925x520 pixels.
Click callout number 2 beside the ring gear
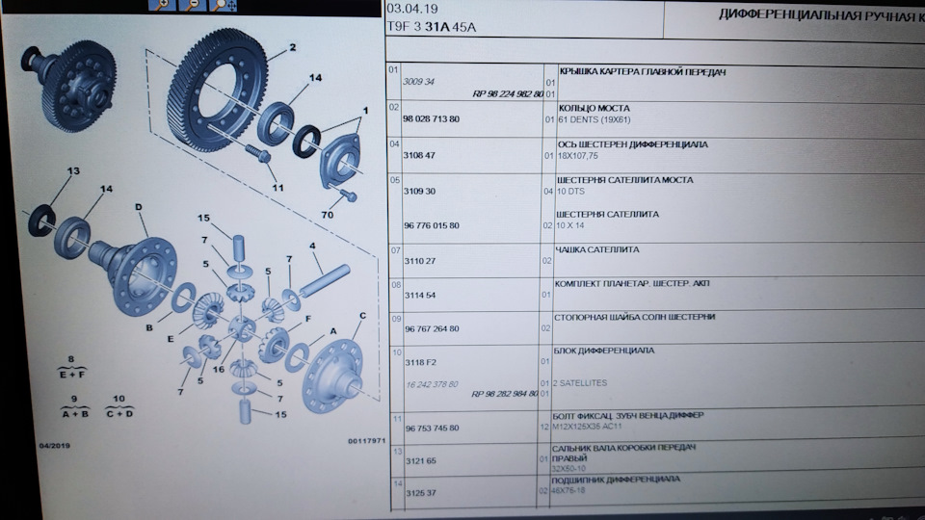(291, 47)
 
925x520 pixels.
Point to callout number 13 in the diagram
(71, 170)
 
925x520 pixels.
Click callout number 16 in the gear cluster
(218, 368)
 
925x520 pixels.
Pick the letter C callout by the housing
(362, 315)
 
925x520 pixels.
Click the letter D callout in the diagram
(139, 207)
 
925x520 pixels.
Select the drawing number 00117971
(366, 441)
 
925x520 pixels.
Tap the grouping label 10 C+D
(119, 405)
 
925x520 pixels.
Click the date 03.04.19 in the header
(406, 11)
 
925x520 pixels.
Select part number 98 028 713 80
(431, 118)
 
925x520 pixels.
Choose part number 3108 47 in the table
(419, 154)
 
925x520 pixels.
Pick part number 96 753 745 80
(431, 428)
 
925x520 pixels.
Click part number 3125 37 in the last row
(419, 492)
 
